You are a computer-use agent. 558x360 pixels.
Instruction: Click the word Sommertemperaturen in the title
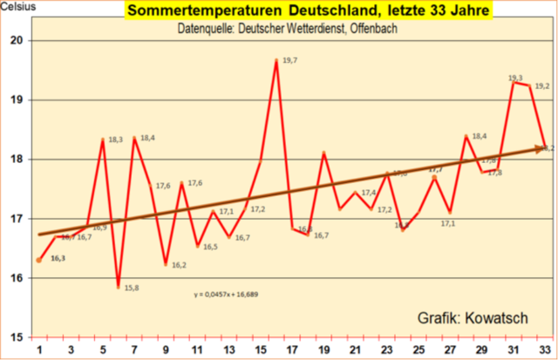194,12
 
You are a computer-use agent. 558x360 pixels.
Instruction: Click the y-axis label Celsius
18,7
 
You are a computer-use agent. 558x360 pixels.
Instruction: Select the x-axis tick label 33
545,349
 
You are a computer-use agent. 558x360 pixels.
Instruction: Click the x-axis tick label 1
38,349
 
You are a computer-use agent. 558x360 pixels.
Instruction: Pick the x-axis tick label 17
292,349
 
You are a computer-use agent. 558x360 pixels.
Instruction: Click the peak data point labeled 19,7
276,60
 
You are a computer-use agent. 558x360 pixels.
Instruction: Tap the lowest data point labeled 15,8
118,286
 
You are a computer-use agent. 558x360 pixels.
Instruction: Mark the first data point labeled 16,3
39,260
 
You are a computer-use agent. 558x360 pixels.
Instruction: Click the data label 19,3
515,78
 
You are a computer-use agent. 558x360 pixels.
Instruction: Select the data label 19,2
541,86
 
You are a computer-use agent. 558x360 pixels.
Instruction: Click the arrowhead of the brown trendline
542,148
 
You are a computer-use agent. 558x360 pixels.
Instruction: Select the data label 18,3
115,139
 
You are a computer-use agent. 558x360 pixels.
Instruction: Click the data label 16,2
178,265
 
